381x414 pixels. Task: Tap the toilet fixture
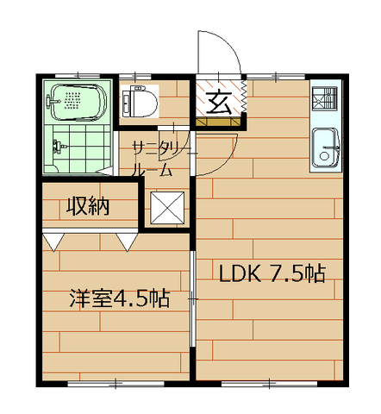coord(141,101)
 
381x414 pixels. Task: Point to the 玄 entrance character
coord(217,101)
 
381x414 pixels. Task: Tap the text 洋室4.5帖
coord(118,299)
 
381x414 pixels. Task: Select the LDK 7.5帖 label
coord(271,274)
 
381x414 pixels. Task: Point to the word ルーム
coord(152,170)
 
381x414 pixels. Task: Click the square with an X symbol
coord(166,208)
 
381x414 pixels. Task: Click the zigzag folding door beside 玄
coord(243,100)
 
